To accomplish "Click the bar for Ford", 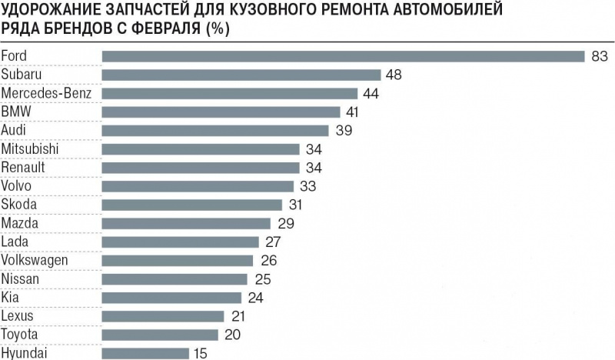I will pyautogui.click(x=344, y=56).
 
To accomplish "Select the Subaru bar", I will pyautogui.click(x=241, y=75).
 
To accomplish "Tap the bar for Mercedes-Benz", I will pyautogui.click(x=230, y=93).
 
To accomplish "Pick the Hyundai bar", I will pyautogui.click(x=145, y=353).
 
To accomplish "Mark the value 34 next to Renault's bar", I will pyautogui.click(x=314, y=168).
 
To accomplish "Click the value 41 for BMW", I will pyautogui.click(x=354, y=112).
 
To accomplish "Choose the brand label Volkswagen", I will pyautogui.click(x=35, y=260).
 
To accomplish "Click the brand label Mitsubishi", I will pyautogui.click(x=31, y=148).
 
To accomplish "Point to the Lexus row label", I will pyautogui.click(x=18, y=316).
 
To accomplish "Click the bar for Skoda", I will pyautogui.click(x=192, y=205).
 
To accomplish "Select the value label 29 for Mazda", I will pyautogui.click(x=285, y=223).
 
